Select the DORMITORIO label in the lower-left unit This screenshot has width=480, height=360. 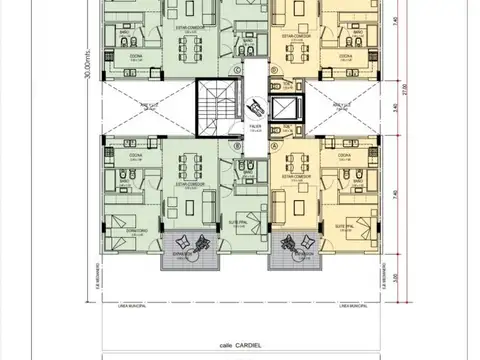tap(121, 231)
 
